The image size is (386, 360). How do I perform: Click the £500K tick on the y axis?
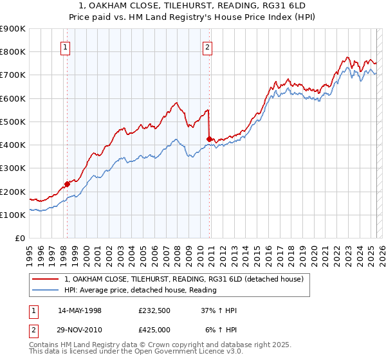[x=13, y=122]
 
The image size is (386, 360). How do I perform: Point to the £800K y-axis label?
[x=13, y=51]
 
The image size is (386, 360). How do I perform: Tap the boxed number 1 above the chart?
[x=66, y=47]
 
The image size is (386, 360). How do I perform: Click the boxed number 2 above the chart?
[x=208, y=47]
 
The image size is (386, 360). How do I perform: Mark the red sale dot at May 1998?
[x=67, y=184]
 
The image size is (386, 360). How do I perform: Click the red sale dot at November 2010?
[x=209, y=139]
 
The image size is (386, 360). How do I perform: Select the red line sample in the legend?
[x=45, y=280]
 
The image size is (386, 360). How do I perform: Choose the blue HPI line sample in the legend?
[x=45, y=290]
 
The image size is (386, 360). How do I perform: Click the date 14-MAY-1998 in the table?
[x=80, y=311]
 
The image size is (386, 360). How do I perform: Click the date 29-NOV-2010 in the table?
[x=80, y=329]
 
